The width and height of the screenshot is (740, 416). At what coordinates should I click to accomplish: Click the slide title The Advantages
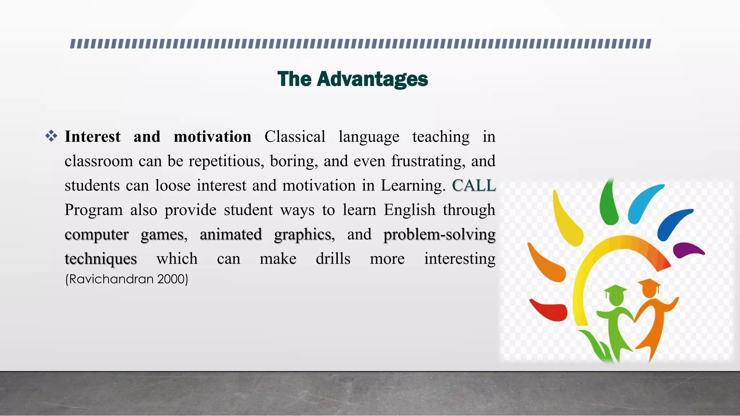[352, 79]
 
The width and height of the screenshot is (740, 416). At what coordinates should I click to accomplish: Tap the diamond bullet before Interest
[51, 136]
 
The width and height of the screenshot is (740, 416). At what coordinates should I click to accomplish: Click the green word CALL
[474, 186]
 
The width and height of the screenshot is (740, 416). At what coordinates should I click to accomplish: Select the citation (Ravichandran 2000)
[126, 279]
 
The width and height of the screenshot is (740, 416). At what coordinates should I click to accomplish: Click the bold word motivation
[212, 137]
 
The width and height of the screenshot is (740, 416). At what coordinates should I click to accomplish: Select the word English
[409, 210]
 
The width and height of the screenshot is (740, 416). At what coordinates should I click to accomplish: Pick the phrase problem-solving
[439, 234]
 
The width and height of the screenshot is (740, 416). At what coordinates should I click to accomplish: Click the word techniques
[101, 259]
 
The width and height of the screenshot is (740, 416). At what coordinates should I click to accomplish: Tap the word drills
[333, 259]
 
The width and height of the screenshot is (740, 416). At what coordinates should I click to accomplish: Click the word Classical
[295, 137]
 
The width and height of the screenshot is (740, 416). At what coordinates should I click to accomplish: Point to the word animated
[231, 234]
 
